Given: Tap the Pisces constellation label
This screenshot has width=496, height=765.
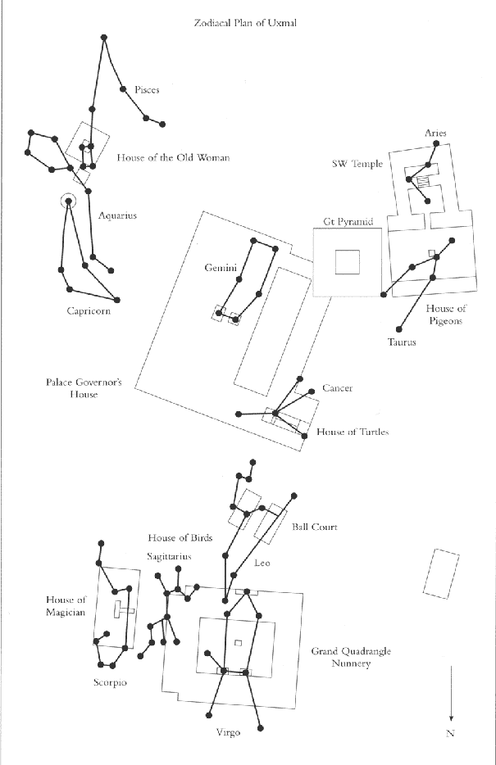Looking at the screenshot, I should [x=146, y=90].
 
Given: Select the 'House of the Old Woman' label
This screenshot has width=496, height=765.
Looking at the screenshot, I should [x=173, y=157].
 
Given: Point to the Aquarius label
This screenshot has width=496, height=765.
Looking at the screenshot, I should [x=117, y=216].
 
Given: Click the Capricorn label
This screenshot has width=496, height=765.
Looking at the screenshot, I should [x=89, y=310].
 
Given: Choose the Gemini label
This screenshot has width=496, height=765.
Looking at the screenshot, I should [x=221, y=268].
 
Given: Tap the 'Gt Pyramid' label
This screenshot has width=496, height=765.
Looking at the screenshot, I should [x=348, y=221].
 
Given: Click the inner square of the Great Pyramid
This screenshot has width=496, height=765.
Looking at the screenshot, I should [x=347, y=262].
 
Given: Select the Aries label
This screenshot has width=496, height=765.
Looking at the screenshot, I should [x=435, y=133].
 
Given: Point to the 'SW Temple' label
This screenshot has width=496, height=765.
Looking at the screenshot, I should [x=357, y=164].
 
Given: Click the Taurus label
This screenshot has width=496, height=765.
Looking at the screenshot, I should [x=402, y=342].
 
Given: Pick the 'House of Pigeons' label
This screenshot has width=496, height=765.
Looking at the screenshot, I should [x=446, y=315].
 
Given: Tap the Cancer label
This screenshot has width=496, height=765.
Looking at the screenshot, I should [x=337, y=388].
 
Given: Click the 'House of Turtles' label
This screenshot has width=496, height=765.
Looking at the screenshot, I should [x=352, y=432].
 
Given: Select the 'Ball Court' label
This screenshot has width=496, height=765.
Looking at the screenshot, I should [x=314, y=527].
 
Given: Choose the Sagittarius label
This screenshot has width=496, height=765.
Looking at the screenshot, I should [x=169, y=556].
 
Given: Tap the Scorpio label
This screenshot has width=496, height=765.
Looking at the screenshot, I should [x=110, y=681].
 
